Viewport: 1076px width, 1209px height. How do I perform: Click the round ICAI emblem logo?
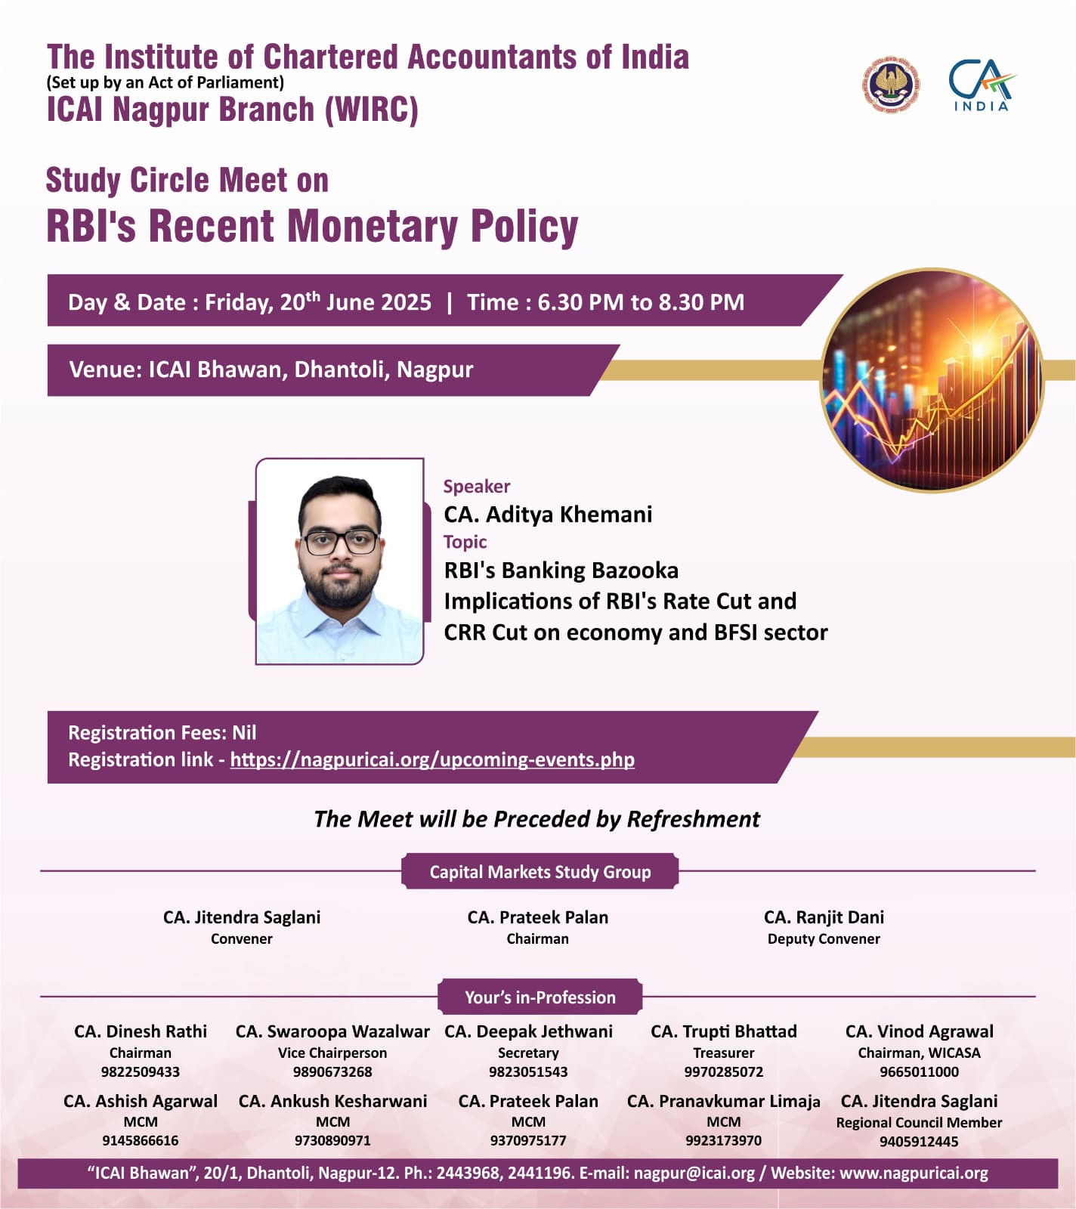892,84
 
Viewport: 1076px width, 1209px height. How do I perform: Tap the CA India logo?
982,85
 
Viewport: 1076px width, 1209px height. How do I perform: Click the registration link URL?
432,759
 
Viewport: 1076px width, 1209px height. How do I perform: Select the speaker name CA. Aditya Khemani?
548,515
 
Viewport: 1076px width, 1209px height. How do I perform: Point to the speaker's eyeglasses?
340,541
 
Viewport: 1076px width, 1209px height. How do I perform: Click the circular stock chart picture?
933,379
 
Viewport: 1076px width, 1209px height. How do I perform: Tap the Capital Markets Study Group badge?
540,872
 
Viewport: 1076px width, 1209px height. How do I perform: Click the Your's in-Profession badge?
540,997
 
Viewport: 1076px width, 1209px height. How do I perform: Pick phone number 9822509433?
141,1071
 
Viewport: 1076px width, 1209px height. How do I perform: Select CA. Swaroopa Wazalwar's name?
332,1031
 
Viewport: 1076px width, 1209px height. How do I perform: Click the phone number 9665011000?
919,1071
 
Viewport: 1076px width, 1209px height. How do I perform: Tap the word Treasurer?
723,1053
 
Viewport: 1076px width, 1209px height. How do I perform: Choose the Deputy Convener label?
824,938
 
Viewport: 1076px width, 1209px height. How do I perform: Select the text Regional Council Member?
919,1122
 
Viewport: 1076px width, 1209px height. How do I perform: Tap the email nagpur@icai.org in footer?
694,1173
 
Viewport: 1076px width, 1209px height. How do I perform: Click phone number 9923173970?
723,1140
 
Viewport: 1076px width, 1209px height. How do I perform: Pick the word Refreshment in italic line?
693,819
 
